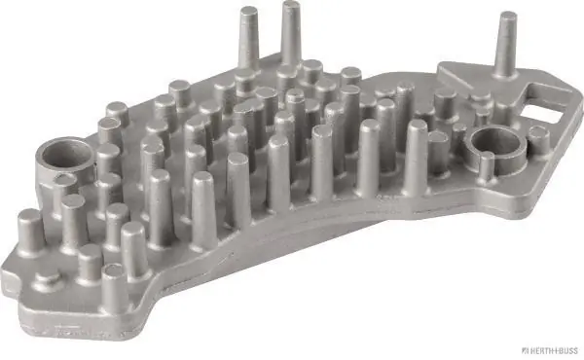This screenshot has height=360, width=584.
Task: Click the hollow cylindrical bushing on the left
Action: click(x=62, y=156)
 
